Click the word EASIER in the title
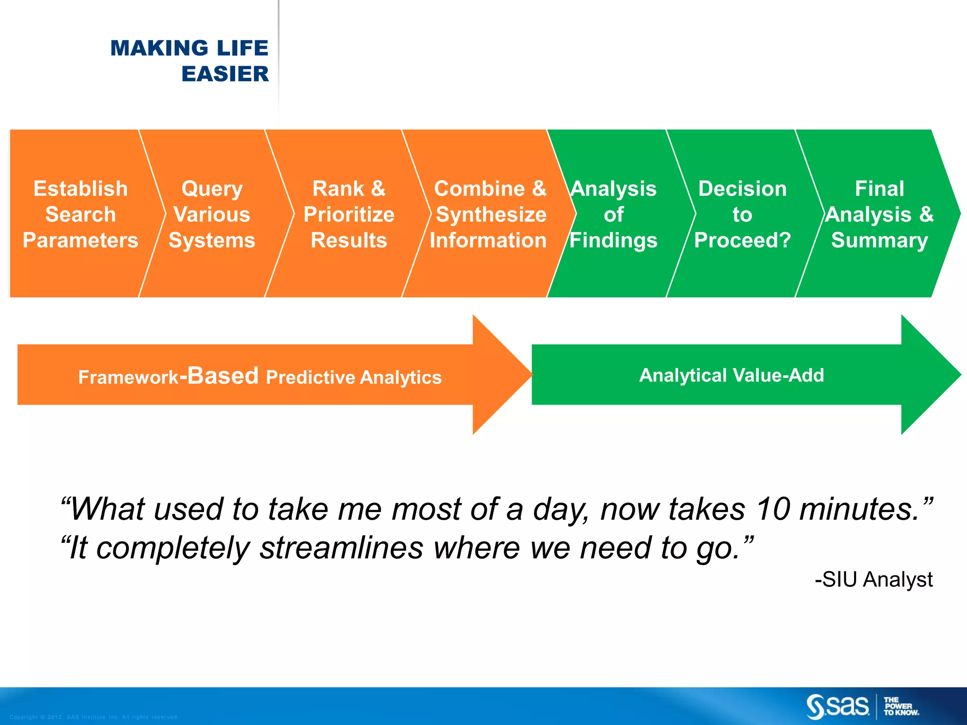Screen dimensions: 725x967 click(x=225, y=74)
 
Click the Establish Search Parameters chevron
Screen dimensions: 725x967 click(x=80, y=214)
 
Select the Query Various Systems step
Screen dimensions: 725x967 click(x=212, y=214)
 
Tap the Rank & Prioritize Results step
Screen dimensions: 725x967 click(x=349, y=214)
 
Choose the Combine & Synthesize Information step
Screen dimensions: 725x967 click(x=489, y=214)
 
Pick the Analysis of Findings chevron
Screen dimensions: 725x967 click(x=613, y=214)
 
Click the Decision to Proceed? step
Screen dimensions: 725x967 click(x=742, y=214)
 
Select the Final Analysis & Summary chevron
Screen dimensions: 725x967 click(x=879, y=214)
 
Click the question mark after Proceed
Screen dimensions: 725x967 click(x=784, y=240)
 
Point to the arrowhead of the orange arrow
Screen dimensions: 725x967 click(x=500, y=375)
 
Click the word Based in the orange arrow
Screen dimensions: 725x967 click(x=223, y=376)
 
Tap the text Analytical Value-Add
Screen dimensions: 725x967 click(x=731, y=375)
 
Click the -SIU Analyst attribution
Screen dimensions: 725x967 click(x=874, y=579)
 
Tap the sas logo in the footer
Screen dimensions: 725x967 click(x=838, y=706)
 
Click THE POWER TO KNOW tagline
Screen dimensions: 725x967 click(x=900, y=707)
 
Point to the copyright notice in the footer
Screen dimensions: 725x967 click(x=94, y=717)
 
